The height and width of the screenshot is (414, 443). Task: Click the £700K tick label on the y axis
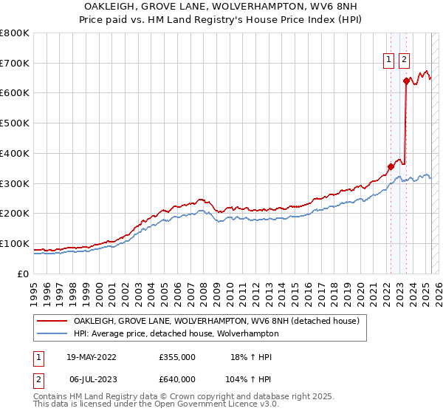(15, 63)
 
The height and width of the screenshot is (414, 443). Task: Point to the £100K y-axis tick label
(15, 243)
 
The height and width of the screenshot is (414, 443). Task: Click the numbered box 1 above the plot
(388, 61)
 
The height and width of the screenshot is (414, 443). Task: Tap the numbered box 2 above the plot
(405, 61)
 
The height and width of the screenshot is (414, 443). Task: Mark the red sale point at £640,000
(406, 81)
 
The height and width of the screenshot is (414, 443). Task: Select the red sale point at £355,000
(391, 166)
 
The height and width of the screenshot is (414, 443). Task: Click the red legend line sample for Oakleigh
(52, 321)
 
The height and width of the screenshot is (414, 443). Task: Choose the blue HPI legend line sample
(52, 333)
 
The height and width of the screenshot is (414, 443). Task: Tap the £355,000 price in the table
(177, 357)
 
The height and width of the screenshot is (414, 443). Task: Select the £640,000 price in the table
(177, 379)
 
